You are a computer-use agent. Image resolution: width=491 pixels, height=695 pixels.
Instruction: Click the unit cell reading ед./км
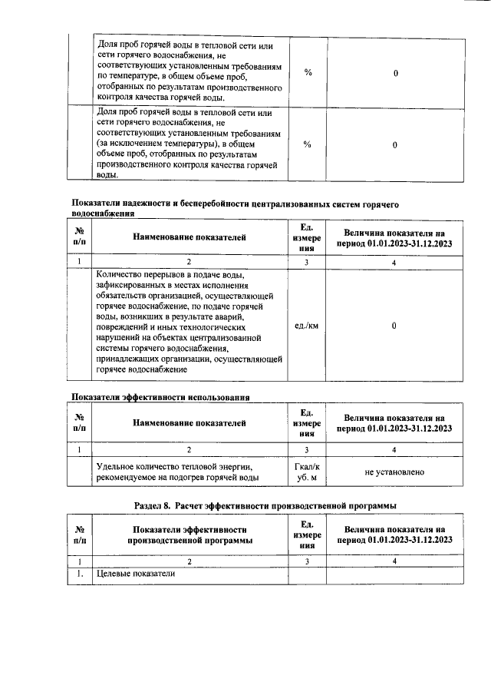click(307, 326)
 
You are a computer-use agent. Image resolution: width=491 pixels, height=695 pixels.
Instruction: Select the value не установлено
click(394, 472)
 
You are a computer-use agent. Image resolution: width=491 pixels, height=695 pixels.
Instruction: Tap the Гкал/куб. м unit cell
click(307, 472)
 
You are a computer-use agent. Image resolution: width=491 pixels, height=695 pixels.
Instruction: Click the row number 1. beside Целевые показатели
click(79, 574)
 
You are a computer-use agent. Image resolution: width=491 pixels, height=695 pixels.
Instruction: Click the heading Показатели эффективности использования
click(161, 397)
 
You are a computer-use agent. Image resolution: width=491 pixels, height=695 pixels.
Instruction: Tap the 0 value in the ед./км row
click(394, 326)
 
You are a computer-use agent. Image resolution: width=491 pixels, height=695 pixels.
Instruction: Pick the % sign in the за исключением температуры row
click(307, 144)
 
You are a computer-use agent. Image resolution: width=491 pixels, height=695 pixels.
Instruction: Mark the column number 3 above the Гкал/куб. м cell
click(307, 450)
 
